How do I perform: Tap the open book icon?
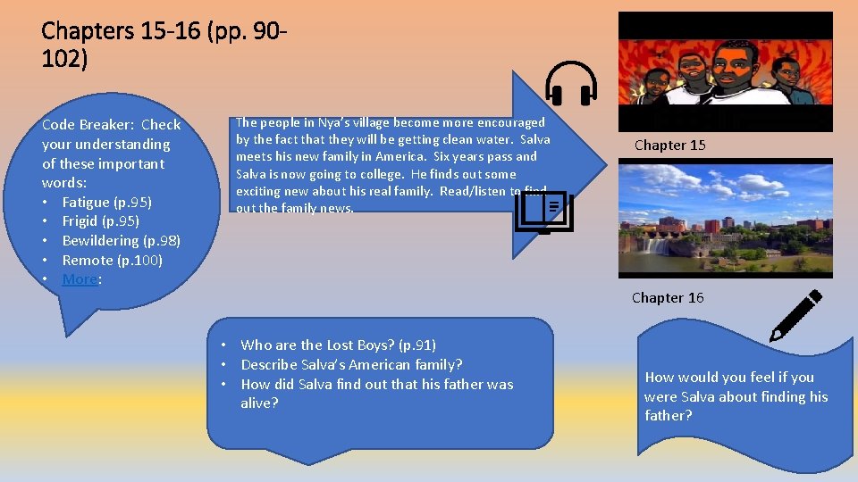(544, 212)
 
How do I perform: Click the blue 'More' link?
(80, 279)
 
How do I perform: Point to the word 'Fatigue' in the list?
(87, 202)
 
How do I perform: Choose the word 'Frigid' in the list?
(81, 220)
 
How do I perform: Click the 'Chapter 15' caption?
(669, 145)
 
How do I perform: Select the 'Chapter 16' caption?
(668, 297)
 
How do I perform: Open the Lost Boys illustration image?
(725, 71)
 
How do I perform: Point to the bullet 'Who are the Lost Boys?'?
(338, 345)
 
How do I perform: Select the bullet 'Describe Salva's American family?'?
(351, 364)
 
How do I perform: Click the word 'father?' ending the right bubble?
(669, 415)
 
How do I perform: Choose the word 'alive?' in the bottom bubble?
(259, 403)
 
